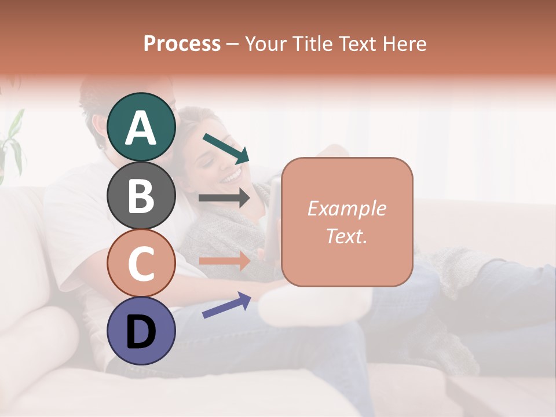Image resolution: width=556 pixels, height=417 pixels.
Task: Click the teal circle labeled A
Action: point(141,127)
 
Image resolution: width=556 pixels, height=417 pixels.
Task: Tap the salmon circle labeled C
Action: point(141,263)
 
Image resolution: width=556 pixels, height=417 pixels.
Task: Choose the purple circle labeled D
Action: point(141,331)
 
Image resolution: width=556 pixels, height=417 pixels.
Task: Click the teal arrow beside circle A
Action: point(226,148)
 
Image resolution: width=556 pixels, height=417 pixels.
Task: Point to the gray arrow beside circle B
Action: point(225,198)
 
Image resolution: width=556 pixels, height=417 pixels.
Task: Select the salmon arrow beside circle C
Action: point(225,261)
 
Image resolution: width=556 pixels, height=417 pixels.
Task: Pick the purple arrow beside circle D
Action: point(226,305)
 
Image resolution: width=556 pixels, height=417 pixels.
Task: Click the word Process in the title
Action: point(182,43)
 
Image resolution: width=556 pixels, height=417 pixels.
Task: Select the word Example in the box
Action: point(346,209)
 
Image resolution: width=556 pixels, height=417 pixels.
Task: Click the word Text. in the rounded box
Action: point(346,236)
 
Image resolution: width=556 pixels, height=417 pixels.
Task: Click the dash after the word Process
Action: point(233,44)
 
